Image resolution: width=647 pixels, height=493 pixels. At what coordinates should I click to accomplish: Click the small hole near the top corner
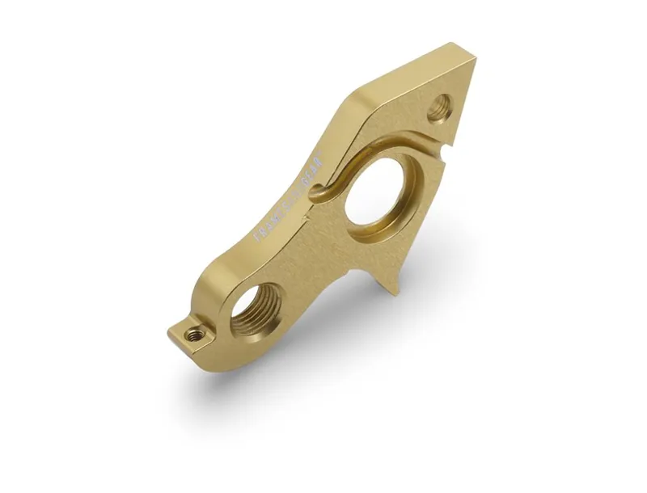[x=441, y=106]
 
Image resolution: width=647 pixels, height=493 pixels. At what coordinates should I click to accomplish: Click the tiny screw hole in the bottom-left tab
[x=192, y=334]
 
